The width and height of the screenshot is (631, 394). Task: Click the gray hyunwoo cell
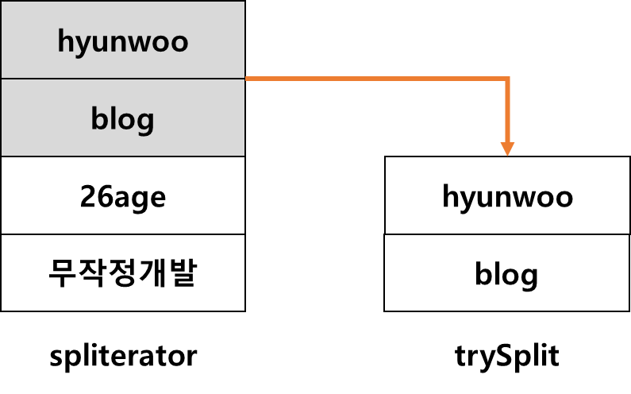[x=123, y=41]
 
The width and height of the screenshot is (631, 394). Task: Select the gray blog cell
[x=123, y=118]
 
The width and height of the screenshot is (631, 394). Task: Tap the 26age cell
[x=123, y=195]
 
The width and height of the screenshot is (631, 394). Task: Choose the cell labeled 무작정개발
[x=123, y=273]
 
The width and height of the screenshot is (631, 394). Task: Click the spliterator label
[x=123, y=355]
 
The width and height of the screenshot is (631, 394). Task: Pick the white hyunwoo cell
[x=507, y=195]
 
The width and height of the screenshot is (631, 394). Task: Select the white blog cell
[x=507, y=274]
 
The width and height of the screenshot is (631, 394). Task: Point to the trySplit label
[x=507, y=355]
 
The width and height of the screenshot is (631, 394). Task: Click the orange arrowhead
[x=507, y=148]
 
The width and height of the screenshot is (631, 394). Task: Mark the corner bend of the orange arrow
[x=506, y=79]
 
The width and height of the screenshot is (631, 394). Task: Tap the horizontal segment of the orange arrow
[x=373, y=79]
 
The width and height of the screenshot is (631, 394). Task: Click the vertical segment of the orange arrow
[x=507, y=111]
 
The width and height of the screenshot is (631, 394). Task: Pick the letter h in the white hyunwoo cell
[x=450, y=195]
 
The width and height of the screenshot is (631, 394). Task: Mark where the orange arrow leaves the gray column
[x=247, y=79]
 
